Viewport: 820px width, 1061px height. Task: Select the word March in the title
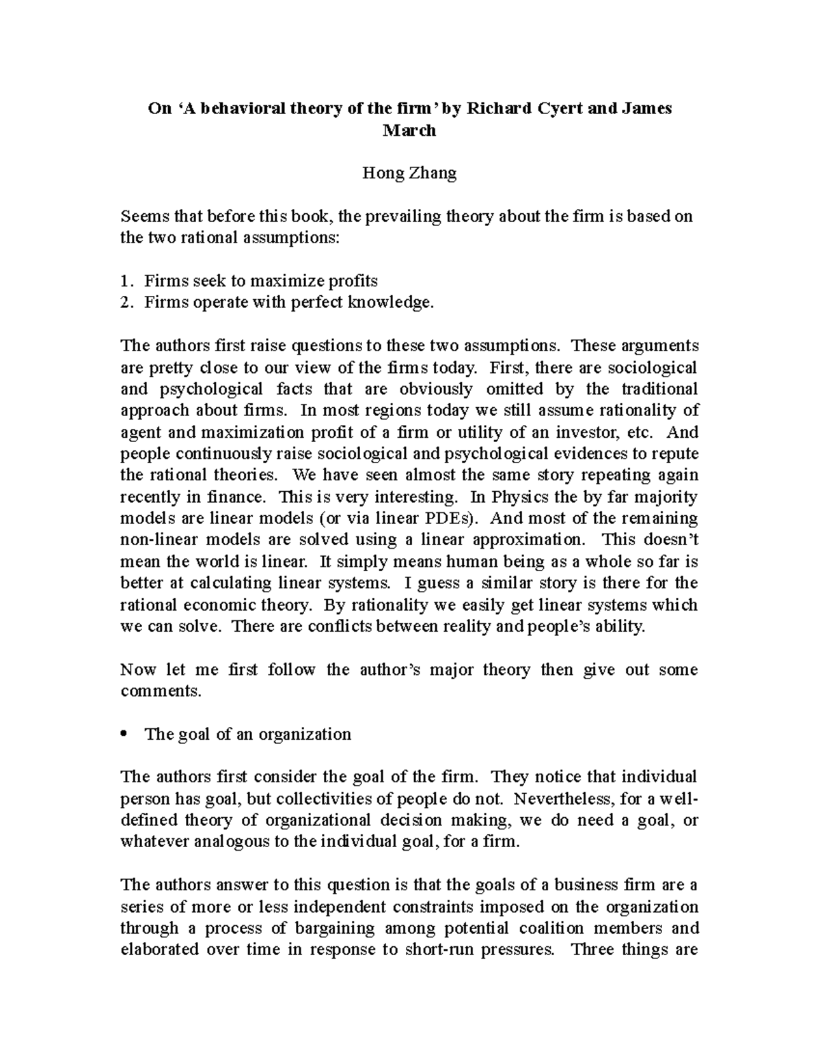click(x=409, y=130)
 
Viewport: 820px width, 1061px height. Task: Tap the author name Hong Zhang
click(x=409, y=174)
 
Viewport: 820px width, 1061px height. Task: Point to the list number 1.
click(x=124, y=281)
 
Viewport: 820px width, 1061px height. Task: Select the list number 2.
click(x=124, y=303)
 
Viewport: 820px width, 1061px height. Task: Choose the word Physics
click(x=517, y=497)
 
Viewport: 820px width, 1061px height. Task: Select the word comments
click(x=161, y=691)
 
